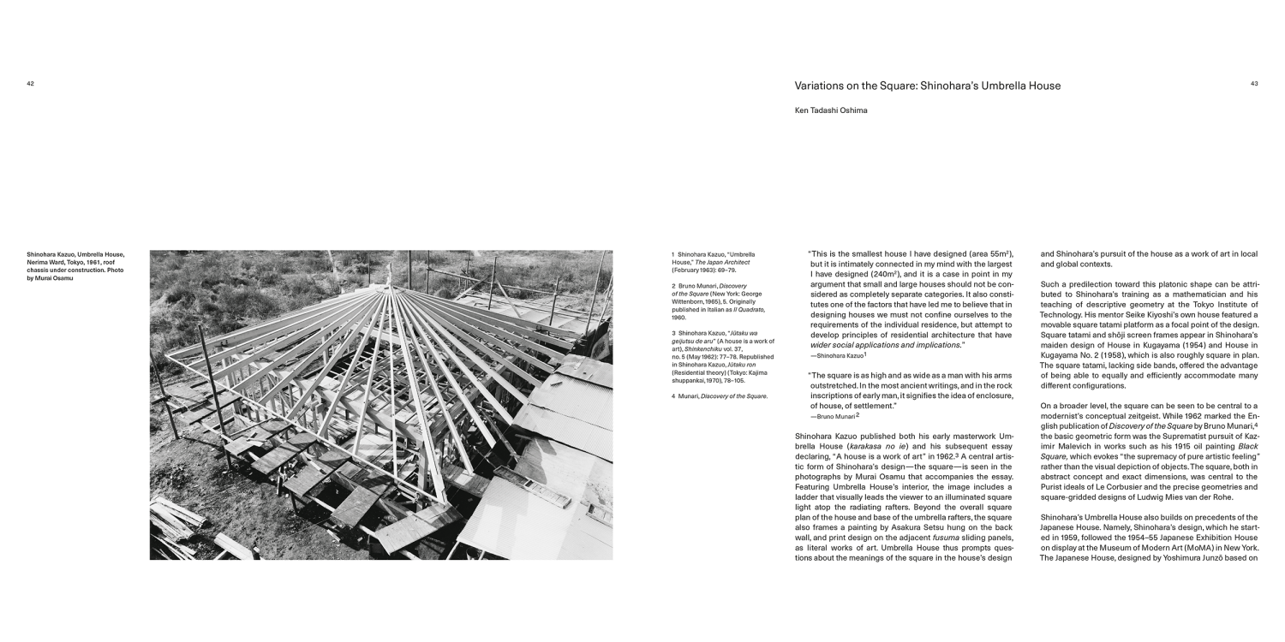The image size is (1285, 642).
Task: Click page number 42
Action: tap(30, 84)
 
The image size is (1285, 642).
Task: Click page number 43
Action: tap(1254, 84)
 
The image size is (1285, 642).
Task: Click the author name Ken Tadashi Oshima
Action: tap(831, 110)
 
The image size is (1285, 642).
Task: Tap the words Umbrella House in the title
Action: tap(1023, 86)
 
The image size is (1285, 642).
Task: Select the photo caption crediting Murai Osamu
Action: tap(75, 266)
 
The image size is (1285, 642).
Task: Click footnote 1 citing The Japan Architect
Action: tap(714, 262)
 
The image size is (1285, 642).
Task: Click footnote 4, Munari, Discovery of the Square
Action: tap(720, 396)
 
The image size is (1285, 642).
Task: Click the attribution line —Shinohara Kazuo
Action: tap(839, 355)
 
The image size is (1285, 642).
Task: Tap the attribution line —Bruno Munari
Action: tap(834, 416)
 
